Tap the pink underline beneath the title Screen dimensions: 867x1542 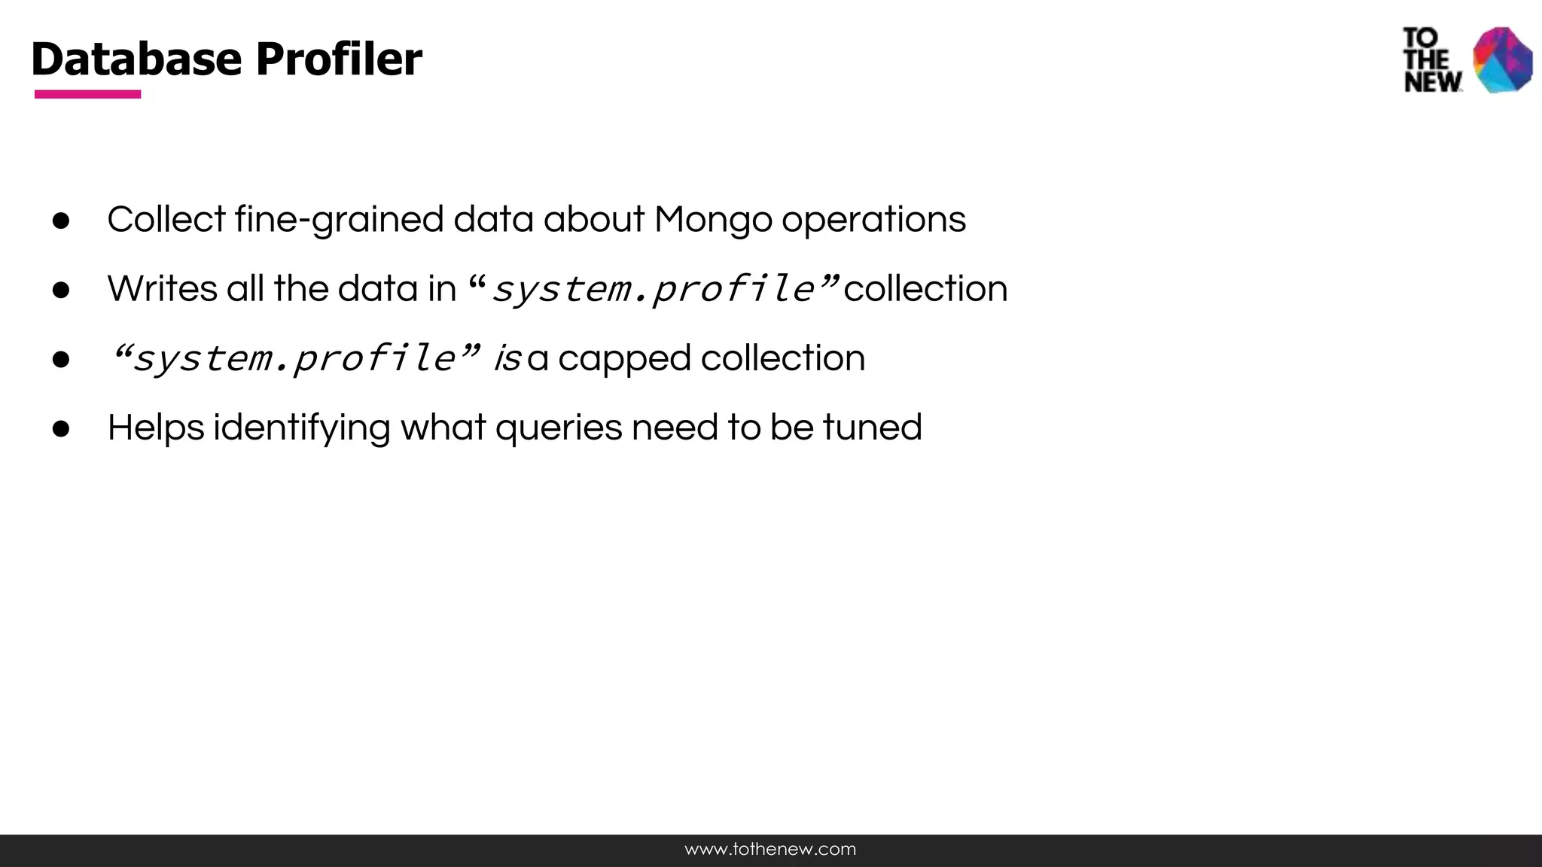point(87,94)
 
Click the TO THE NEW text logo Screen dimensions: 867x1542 point(1431,60)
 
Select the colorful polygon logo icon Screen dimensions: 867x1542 point(1502,60)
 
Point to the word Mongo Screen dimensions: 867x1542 point(712,220)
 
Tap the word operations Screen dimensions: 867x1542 point(873,220)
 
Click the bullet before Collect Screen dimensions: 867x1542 point(61,221)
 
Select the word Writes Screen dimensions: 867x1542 point(162,289)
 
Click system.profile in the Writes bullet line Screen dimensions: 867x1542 point(653,289)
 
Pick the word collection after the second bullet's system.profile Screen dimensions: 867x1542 point(925,289)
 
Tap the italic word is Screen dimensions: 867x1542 point(507,358)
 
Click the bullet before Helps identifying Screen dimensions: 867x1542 point(61,429)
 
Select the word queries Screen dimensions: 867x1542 point(558,427)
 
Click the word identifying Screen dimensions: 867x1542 point(301,427)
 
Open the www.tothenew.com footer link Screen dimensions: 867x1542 point(770,850)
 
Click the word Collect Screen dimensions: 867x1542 point(166,220)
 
